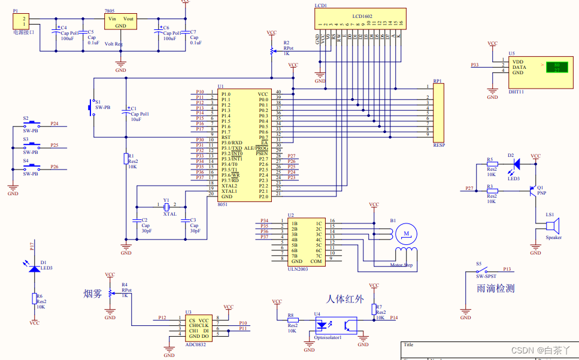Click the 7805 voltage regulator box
[120, 22]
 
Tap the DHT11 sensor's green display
[556, 67]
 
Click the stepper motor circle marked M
[407, 232]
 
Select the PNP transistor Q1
[532, 191]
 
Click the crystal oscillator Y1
[167, 207]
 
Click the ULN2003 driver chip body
[307, 241]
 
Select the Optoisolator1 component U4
[335, 325]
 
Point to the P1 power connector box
[21, 21]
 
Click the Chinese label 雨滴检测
[496, 288]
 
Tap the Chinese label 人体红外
[345, 298]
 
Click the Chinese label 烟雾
[93, 294]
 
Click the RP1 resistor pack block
[439, 111]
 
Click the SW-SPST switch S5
[486, 271]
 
